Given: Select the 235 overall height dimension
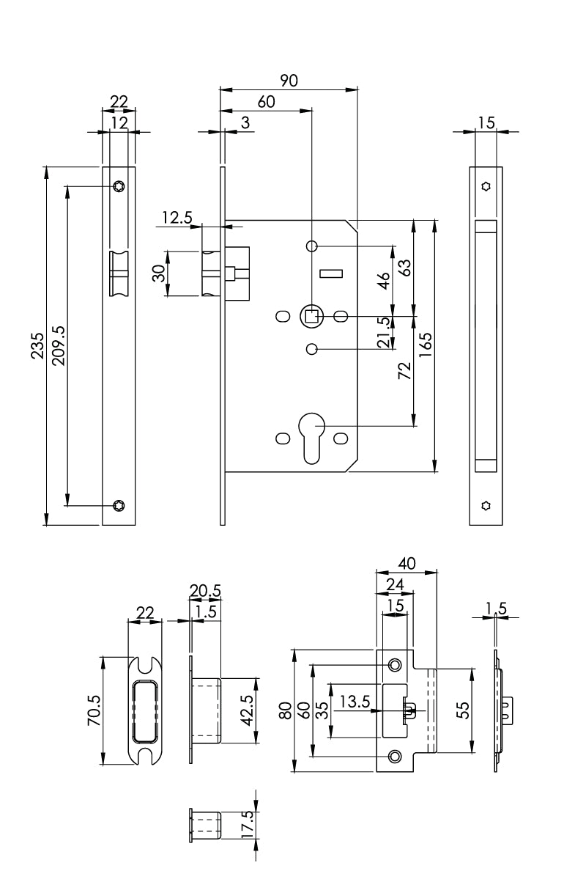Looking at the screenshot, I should point(37,346).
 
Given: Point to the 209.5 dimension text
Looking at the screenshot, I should point(59,346).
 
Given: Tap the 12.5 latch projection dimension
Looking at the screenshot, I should point(177,218).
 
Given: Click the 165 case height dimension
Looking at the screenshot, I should point(426,345).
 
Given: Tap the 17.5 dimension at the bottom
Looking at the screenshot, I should point(247,826).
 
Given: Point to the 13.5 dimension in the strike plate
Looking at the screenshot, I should point(354,702).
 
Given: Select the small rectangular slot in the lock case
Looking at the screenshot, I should point(331,274).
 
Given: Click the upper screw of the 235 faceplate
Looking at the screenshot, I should point(119,187).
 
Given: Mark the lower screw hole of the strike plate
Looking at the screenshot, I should point(395,756).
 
